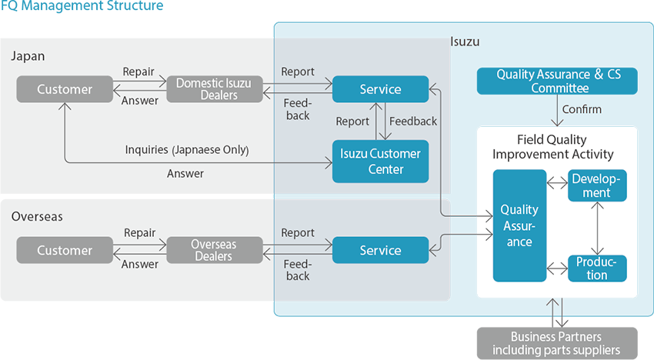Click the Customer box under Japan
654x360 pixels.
65,89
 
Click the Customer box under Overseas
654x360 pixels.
65,250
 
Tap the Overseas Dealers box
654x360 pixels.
215,250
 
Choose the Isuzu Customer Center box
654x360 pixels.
380,161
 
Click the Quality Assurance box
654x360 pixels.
519,225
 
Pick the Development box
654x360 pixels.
597,185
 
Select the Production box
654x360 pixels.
597,268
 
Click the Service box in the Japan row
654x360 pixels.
380,89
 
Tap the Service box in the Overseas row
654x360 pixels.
380,250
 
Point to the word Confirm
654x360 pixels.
582,109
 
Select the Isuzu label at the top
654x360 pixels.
465,42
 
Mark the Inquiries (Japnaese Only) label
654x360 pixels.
187,148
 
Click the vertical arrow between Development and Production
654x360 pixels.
597,227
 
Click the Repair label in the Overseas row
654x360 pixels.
139,232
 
